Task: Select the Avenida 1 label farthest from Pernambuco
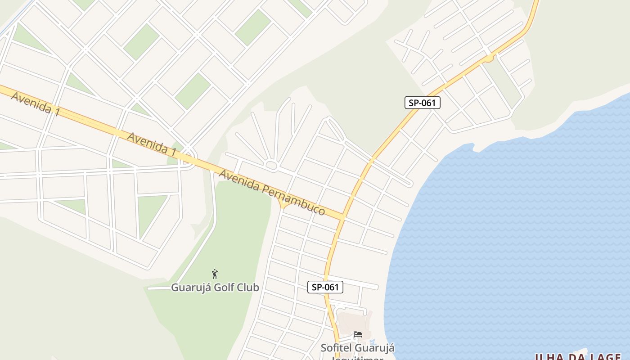click(35, 104)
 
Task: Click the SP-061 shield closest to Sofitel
click(325, 287)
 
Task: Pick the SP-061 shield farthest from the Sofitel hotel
click(422, 103)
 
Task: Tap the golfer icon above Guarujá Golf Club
click(215, 274)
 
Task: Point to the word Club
click(247, 287)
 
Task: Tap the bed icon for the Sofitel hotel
click(358, 334)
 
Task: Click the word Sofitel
click(336, 348)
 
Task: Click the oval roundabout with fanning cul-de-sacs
click(271, 165)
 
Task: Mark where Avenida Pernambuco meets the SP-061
click(342, 217)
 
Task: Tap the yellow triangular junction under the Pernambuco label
click(283, 205)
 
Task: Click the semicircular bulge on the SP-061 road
click(489, 58)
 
